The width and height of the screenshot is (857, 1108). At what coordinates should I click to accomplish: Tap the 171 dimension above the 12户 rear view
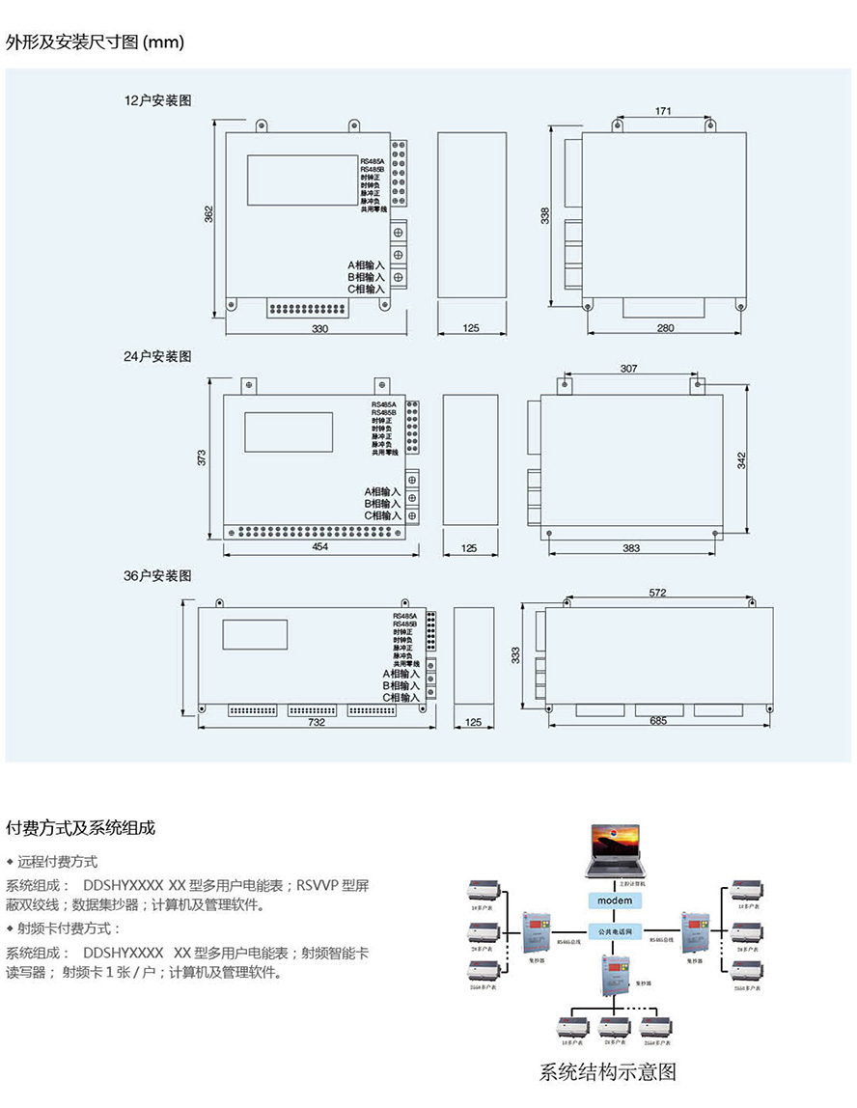point(663,111)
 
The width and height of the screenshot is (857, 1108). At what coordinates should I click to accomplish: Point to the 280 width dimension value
point(665,328)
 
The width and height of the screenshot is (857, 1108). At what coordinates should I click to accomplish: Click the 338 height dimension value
point(545,216)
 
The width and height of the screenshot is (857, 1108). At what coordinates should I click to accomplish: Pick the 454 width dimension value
point(320,547)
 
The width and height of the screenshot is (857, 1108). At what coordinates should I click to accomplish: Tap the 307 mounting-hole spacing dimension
point(628,369)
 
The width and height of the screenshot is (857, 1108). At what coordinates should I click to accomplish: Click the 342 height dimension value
point(741,459)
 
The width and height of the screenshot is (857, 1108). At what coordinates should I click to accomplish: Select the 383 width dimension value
point(631,547)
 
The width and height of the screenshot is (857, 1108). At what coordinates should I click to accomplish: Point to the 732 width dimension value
point(317,721)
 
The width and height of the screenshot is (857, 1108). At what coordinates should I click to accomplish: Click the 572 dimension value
point(657,593)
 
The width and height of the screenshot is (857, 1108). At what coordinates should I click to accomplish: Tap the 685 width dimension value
point(658,720)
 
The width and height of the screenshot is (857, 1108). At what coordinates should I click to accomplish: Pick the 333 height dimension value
point(515,655)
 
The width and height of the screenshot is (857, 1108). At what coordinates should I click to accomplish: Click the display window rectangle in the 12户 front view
point(302,179)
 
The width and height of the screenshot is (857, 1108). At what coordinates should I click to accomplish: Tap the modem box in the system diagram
point(615,900)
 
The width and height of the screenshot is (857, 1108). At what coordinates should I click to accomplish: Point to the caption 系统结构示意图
point(607,1071)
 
